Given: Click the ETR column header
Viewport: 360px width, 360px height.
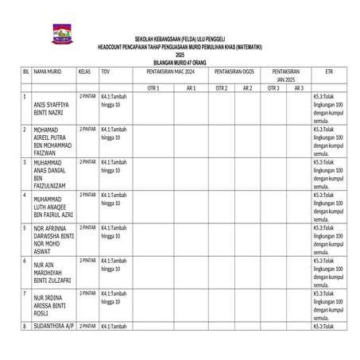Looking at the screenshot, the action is click(328, 71).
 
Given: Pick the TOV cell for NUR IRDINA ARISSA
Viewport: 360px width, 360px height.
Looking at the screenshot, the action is click(113, 297).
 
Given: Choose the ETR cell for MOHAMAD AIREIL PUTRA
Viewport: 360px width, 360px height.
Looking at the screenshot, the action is click(328, 141).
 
